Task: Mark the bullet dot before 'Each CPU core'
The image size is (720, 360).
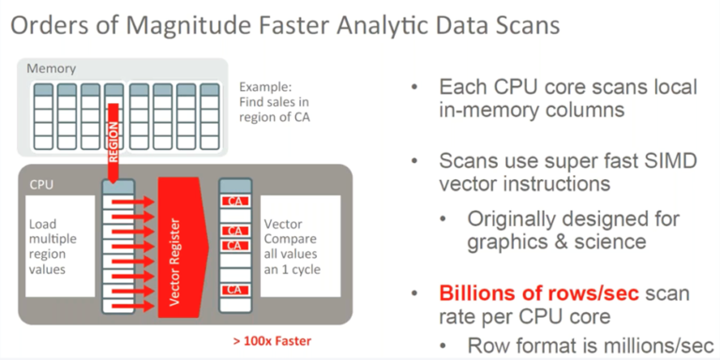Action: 414,88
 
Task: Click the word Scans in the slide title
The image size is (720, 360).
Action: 524,25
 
